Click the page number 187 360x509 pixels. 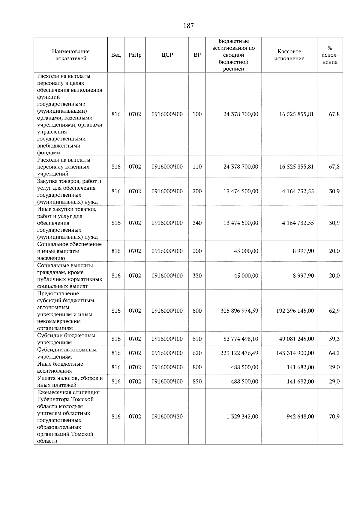click(x=188, y=26)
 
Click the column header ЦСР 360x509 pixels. click(x=167, y=55)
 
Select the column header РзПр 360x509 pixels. click(x=135, y=55)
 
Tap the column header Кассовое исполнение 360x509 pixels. click(x=289, y=55)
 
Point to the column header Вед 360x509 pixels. click(x=116, y=55)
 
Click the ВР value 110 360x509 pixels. click(x=197, y=167)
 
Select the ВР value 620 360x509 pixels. click(x=197, y=353)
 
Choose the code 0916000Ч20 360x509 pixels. click(x=167, y=417)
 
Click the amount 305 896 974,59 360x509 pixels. click(x=239, y=311)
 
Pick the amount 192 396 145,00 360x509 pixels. click(x=295, y=311)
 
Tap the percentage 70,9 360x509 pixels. click(x=334, y=417)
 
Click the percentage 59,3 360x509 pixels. click(x=334, y=339)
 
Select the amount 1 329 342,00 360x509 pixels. click(x=242, y=417)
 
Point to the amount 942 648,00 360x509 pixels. click(x=300, y=417)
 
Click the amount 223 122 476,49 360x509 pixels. click(x=239, y=353)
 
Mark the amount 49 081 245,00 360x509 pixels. click(x=296, y=339)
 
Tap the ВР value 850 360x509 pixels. click(x=197, y=382)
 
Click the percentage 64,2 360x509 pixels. click(x=334, y=353)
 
